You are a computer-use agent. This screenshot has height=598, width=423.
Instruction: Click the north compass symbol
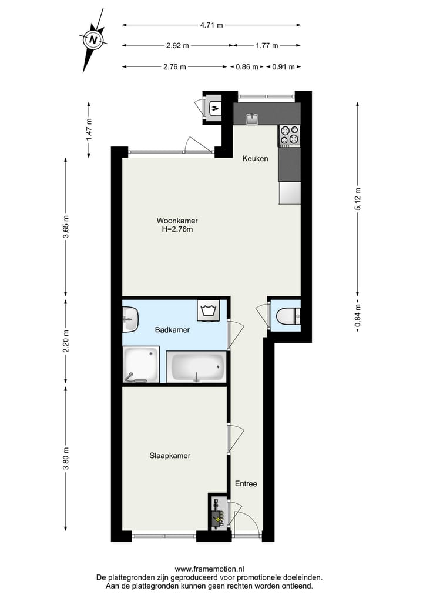93,40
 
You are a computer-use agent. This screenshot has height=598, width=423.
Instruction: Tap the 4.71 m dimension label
211,25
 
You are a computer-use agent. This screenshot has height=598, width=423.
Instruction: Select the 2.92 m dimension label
177,45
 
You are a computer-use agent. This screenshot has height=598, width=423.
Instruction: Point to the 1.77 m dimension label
267,45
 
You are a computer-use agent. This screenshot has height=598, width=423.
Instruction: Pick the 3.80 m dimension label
66,455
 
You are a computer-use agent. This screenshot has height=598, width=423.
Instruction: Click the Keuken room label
256,158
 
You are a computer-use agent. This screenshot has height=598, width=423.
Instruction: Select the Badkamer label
172,330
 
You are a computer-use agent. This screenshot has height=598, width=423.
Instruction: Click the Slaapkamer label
170,455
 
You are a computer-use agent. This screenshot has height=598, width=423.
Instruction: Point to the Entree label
246,484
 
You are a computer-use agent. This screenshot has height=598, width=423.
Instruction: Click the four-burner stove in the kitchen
289,136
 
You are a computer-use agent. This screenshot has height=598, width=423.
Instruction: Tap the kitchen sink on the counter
253,119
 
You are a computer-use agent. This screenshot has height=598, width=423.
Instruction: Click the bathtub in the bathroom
196,367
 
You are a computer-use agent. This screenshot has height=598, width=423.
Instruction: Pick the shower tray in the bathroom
141,365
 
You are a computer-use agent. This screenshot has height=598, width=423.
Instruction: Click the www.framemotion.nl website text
210,569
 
